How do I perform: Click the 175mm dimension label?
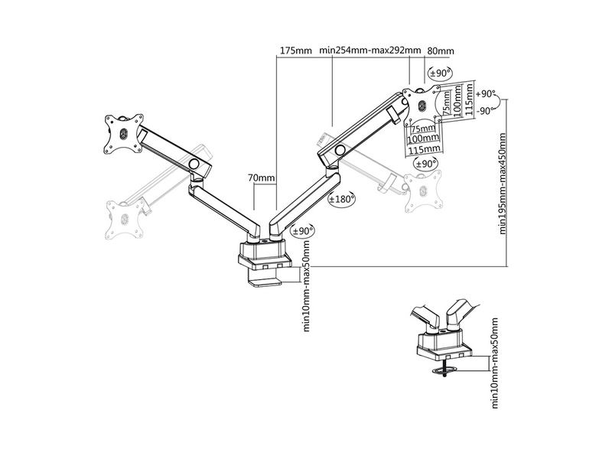click(295, 50)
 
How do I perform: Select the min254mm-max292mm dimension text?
click(371, 50)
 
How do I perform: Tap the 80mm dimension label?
click(441, 50)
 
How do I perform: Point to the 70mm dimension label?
click(262, 178)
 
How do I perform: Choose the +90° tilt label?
click(486, 93)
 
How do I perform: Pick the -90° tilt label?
click(486, 110)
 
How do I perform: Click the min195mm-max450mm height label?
click(503, 183)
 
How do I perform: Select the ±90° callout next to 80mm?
click(440, 73)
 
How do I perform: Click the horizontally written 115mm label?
click(424, 148)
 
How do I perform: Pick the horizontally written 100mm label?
click(424, 139)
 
